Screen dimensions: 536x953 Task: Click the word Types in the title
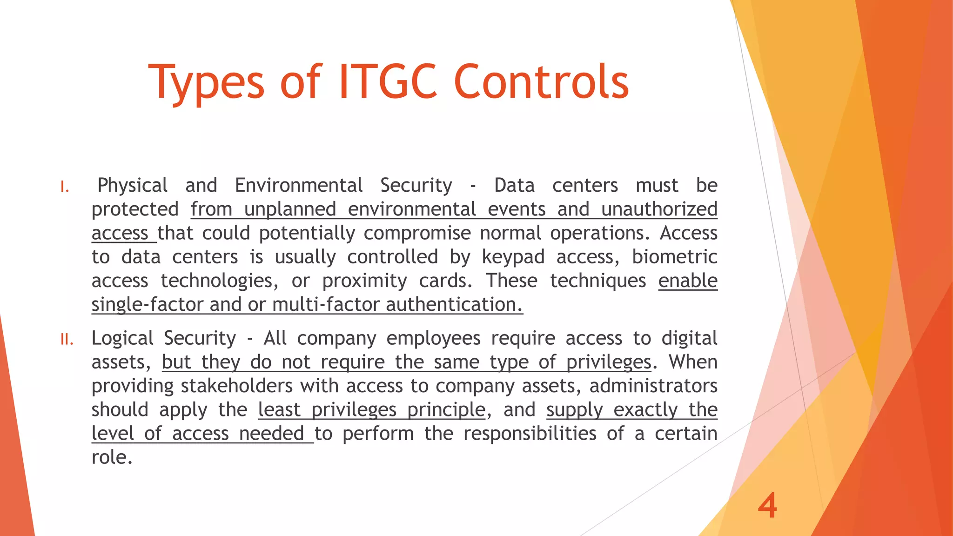pyautogui.click(x=207, y=83)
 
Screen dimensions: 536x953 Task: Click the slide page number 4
pyautogui.click(x=767, y=506)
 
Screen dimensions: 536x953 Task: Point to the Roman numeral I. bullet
pyautogui.click(x=65, y=188)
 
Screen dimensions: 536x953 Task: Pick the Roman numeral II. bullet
pyautogui.click(x=67, y=340)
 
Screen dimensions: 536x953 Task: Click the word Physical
pyautogui.click(x=133, y=186)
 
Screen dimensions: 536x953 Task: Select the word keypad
pyautogui.click(x=513, y=257)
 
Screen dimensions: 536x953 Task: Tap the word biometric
pyautogui.click(x=674, y=256)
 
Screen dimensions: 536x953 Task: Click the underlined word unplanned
pyautogui.click(x=289, y=209)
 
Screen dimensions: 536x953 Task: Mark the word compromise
pyautogui.click(x=417, y=233)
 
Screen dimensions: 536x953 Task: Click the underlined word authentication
pyautogui.click(x=454, y=305)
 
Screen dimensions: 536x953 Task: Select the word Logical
pyautogui.click(x=122, y=338)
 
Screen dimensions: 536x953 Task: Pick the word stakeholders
pyautogui.click(x=237, y=386)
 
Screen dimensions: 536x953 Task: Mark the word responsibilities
pyautogui.click(x=530, y=434)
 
